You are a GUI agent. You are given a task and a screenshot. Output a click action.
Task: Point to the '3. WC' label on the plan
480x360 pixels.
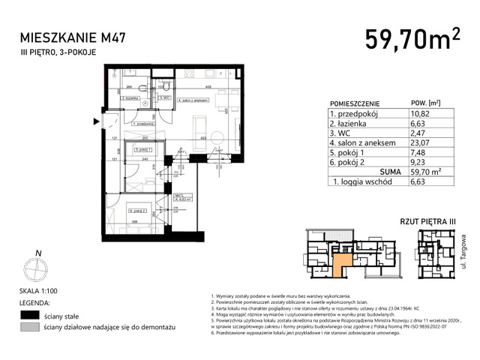pyautogui.click(x=166, y=97)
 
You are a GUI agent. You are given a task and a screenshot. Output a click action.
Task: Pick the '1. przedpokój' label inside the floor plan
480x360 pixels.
pyautogui.click(x=143, y=124)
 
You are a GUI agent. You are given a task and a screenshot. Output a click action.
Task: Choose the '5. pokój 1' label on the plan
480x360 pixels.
pyautogui.click(x=143, y=150)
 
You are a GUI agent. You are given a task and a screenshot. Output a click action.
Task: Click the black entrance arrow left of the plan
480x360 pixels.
pyautogui.click(x=95, y=121)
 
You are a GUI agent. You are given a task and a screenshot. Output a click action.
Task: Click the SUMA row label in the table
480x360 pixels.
pyautogui.click(x=369, y=169)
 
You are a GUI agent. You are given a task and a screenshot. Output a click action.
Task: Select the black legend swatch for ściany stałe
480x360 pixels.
pyautogui.click(x=29, y=315)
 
